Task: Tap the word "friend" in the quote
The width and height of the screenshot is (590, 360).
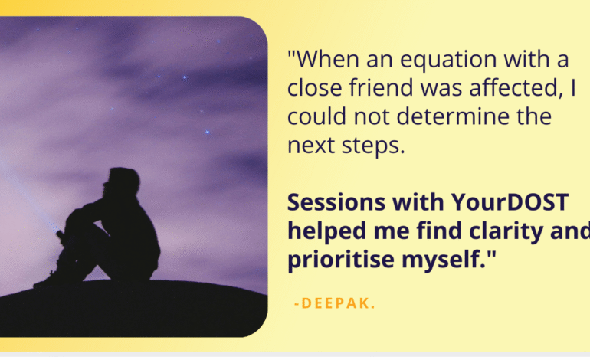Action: pos(382,87)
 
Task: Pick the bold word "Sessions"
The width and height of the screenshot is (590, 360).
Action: pos(336,202)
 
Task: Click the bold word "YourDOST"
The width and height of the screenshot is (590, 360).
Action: pos(510,202)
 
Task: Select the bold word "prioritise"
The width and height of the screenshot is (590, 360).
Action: pos(341,260)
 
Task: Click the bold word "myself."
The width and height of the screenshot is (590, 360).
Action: pos(444,260)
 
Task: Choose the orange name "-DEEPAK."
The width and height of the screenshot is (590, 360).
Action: pos(335,303)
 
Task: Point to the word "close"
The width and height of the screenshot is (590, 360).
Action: pos(315,87)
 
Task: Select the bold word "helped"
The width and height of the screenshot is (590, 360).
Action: pos(326,231)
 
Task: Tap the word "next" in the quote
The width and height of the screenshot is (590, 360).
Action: pos(311,146)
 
